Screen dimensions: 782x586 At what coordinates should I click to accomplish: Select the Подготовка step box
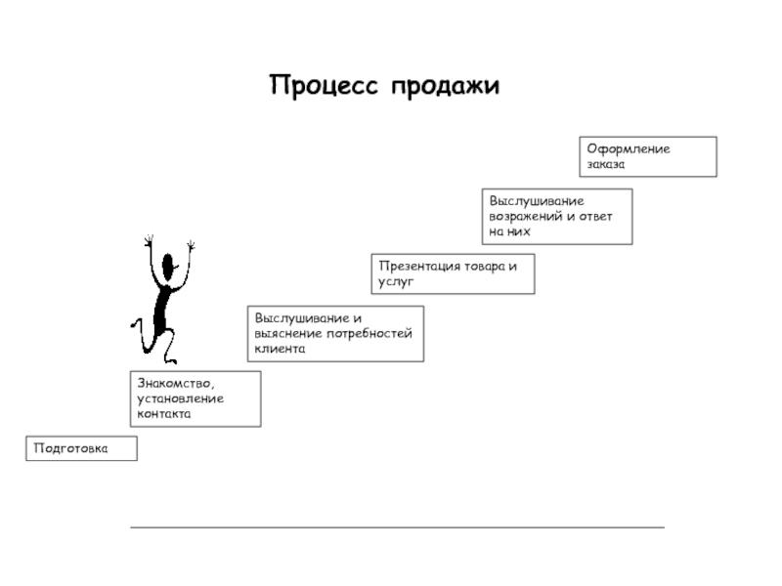[x=81, y=448]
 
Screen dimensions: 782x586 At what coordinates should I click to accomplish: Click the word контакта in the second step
[x=163, y=414]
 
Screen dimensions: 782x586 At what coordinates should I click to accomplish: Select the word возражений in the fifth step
[x=526, y=216]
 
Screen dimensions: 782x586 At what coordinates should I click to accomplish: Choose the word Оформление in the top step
[x=628, y=149]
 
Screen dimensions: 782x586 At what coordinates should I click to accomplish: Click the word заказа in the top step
[x=606, y=164]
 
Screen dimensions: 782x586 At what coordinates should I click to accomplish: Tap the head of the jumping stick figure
[x=168, y=266]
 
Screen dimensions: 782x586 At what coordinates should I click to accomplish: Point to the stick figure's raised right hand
[x=192, y=244]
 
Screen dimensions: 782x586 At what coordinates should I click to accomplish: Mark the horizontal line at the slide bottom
[x=397, y=527]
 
